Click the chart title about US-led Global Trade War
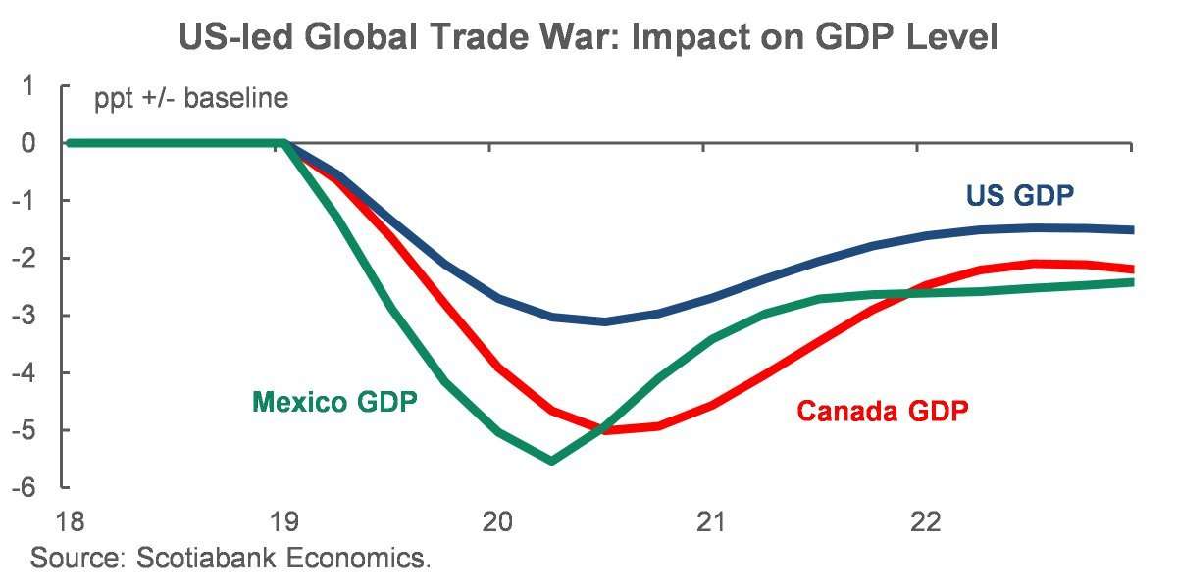click(588, 37)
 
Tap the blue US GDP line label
click(1020, 195)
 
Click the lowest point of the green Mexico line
click(551, 461)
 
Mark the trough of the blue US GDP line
click(605, 321)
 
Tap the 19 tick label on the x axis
click(283, 521)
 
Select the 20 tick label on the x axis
click(497, 521)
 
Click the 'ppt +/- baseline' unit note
click(191, 100)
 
